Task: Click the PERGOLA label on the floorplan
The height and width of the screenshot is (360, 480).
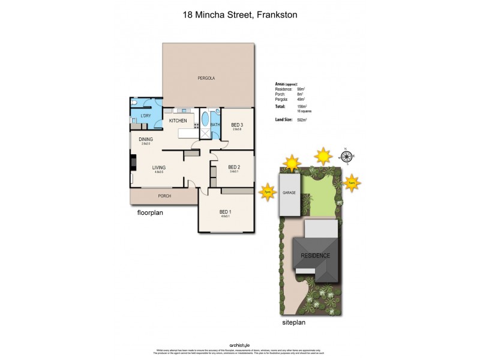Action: coord(206,79)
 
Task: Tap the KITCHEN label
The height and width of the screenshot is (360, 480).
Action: coord(178,121)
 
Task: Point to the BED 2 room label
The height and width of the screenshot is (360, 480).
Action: coord(234,167)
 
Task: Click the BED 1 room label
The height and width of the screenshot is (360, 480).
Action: coord(225,212)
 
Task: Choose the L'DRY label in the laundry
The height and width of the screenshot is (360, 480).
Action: coord(145,115)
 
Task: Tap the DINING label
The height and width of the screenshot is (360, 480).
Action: coord(145,139)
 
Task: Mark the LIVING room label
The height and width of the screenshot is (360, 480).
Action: coord(158,167)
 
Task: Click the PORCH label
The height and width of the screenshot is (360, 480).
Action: coord(164,196)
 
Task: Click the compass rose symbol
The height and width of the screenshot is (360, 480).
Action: coord(346,157)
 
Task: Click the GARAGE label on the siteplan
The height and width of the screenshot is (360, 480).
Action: coord(289,193)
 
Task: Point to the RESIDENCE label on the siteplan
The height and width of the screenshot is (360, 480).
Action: coord(316,255)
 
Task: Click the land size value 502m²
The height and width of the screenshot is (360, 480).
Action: coord(310,120)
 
